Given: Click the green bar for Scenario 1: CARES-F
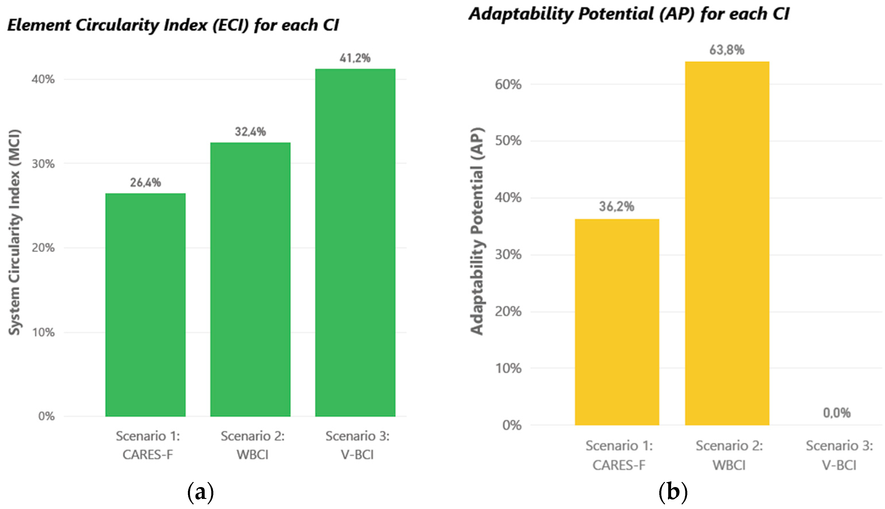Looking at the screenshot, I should point(145,304).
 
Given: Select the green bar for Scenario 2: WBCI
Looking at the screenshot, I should point(250,280).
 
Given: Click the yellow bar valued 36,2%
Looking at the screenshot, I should point(617,322).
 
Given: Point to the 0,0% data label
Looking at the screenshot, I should point(837,413).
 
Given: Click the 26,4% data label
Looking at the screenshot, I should point(145,182).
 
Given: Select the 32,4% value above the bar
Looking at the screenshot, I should point(250,132).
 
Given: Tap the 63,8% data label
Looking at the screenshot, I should point(727,50).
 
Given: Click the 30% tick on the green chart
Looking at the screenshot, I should point(43,164).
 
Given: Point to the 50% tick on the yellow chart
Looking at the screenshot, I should point(508,141).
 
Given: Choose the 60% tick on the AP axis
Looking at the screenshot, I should point(508,84).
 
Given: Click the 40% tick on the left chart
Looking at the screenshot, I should point(43,79).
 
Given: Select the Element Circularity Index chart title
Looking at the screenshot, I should point(173,25).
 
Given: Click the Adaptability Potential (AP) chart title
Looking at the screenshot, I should point(629,14).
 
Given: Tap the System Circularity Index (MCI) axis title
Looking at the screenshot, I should point(15,233).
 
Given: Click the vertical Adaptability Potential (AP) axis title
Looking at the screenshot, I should point(477,231).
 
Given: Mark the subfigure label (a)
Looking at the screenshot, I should point(200,492).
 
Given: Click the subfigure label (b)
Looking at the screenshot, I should point(673,492).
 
